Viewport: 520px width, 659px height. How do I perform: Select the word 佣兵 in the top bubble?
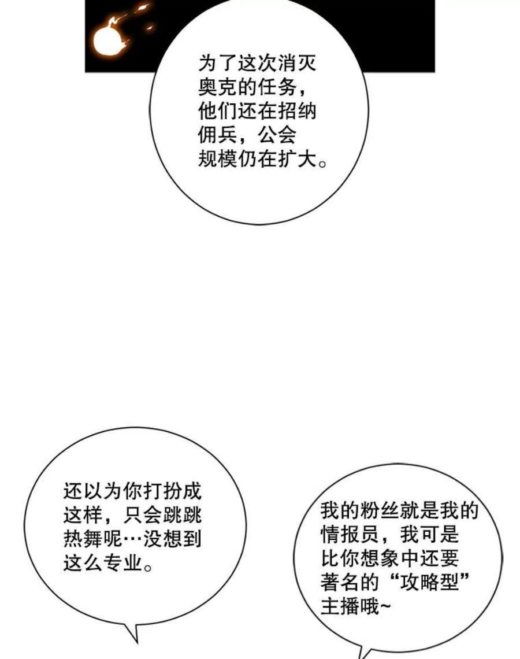218,135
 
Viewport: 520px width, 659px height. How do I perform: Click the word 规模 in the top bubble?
218,159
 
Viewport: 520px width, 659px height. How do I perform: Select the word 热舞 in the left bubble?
83,539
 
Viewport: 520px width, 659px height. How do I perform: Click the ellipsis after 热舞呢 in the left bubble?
132,539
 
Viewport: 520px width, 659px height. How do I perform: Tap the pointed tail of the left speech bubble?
136,642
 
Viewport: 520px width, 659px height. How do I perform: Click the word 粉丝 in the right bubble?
380,510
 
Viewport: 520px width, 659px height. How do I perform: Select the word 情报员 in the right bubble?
350,535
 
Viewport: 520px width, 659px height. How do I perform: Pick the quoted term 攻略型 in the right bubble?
429,582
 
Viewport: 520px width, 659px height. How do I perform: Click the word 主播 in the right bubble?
340,606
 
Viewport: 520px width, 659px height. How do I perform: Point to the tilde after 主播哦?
385,606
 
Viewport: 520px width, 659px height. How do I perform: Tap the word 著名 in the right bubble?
340,582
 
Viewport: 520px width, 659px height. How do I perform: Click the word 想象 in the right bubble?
380,558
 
